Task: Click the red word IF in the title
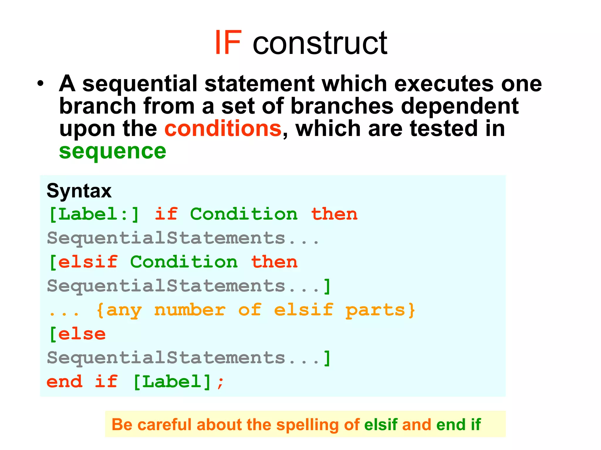click(x=228, y=43)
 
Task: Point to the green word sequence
click(x=113, y=151)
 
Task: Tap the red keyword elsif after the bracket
click(x=88, y=262)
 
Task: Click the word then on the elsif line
click(x=274, y=262)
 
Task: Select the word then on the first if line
click(x=334, y=214)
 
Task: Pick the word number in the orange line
click(x=190, y=310)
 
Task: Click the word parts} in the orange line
click(x=380, y=310)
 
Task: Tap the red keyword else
click(x=82, y=334)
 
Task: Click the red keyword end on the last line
click(x=65, y=382)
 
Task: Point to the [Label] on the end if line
click(x=172, y=382)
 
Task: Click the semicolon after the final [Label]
click(x=221, y=383)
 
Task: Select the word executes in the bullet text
click(x=444, y=84)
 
